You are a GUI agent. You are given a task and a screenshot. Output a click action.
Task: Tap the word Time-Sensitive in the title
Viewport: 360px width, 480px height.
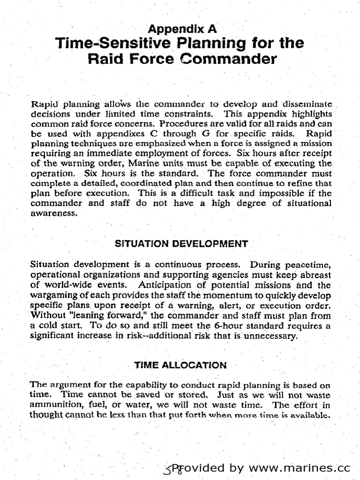(103, 44)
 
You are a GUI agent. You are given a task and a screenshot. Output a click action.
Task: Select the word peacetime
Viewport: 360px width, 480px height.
(310, 264)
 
